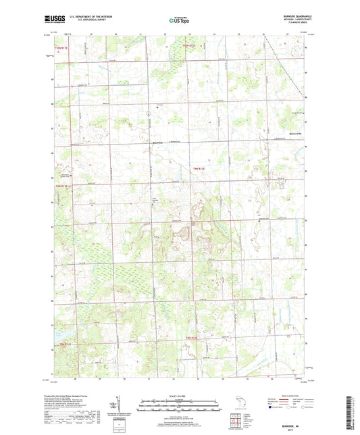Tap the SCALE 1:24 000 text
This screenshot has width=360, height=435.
(x=180, y=396)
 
